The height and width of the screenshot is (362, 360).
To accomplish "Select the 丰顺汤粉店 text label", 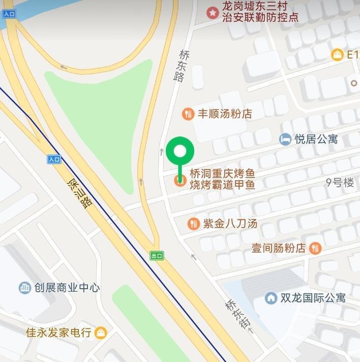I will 225,114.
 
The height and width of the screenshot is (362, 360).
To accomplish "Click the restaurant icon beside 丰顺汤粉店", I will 188,114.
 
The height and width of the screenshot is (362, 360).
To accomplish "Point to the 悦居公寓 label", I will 316,139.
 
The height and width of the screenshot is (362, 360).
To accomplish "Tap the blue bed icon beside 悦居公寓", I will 285,138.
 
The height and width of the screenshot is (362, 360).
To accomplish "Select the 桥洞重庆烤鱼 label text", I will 222,174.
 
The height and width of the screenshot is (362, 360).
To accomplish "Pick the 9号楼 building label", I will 340,183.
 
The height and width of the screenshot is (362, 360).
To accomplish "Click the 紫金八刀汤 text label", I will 230,223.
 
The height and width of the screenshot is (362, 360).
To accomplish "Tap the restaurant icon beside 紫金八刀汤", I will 193,223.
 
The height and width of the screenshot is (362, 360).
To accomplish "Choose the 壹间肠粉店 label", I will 279,248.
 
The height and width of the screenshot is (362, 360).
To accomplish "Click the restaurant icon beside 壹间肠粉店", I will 315,248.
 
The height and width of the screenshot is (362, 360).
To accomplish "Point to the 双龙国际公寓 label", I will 313,298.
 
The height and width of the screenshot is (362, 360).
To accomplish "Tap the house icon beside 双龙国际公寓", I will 271,298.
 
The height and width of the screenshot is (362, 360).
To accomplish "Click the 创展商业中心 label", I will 67,288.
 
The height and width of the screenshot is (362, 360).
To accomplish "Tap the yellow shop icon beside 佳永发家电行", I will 102,333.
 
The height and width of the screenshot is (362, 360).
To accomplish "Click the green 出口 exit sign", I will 157,256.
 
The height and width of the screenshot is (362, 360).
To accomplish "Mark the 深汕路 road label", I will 80,192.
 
